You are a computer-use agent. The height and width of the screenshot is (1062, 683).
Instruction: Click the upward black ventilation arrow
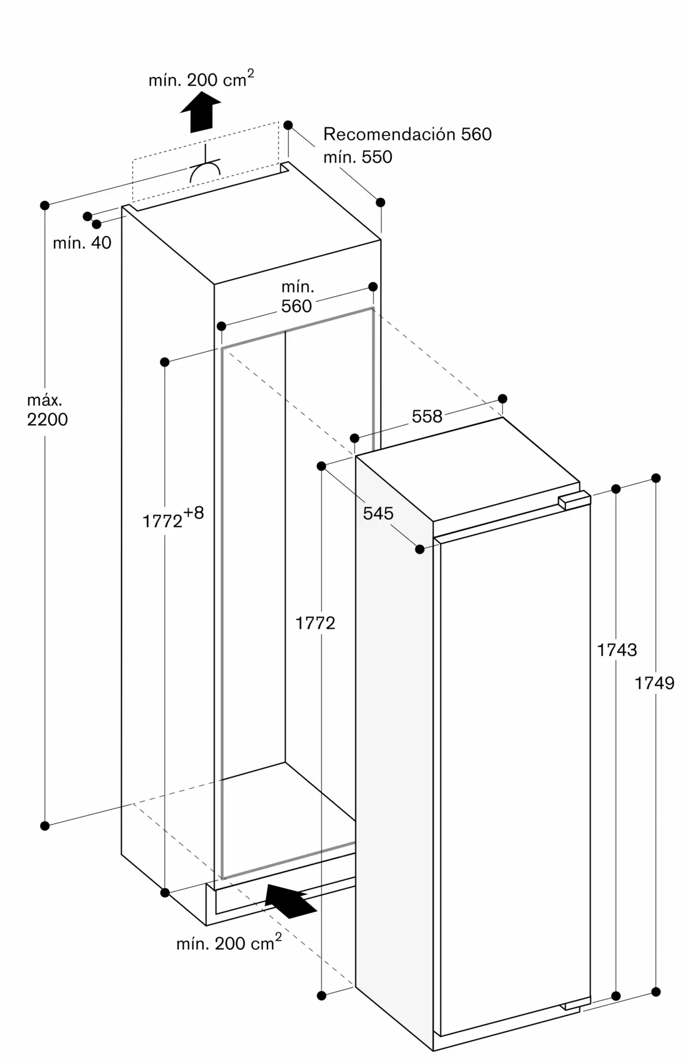pyautogui.click(x=201, y=112)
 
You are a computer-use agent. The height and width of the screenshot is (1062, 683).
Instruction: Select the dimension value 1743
pyautogui.click(x=617, y=649)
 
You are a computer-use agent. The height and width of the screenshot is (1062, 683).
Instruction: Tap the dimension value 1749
pyautogui.click(x=654, y=683)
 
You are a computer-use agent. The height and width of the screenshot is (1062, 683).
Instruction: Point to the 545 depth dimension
pyautogui.click(x=378, y=513)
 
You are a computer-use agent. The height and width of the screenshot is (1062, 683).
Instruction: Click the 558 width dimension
pyautogui.click(x=427, y=416)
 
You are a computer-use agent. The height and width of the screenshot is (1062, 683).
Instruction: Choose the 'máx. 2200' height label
pyautogui.click(x=47, y=410)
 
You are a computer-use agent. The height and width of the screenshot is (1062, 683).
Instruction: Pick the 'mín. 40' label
pyautogui.click(x=82, y=243)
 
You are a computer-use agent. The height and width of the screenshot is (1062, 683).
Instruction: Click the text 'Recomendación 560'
pyautogui.click(x=408, y=134)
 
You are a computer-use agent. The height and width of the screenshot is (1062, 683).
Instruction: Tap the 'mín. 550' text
pyautogui.click(x=358, y=157)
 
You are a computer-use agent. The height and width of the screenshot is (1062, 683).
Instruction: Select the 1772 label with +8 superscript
pyautogui.click(x=173, y=518)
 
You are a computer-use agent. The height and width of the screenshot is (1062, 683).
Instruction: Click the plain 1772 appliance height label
pyautogui.click(x=315, y=623)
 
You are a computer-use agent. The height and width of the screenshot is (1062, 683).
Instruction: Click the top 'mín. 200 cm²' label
pyautogui.click(x=201, y=79)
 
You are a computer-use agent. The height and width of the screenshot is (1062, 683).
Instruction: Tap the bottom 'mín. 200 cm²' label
pyautogui.click(x=229, y=943)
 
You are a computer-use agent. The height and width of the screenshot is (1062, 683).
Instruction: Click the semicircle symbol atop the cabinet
pyautogui.click(x=205, y=170)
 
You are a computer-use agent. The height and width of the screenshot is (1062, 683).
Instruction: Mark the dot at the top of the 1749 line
pyautogui.click(x=656, y=478)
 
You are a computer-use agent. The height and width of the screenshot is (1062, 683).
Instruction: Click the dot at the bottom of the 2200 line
pyautogui.click(x=45, y=826)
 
